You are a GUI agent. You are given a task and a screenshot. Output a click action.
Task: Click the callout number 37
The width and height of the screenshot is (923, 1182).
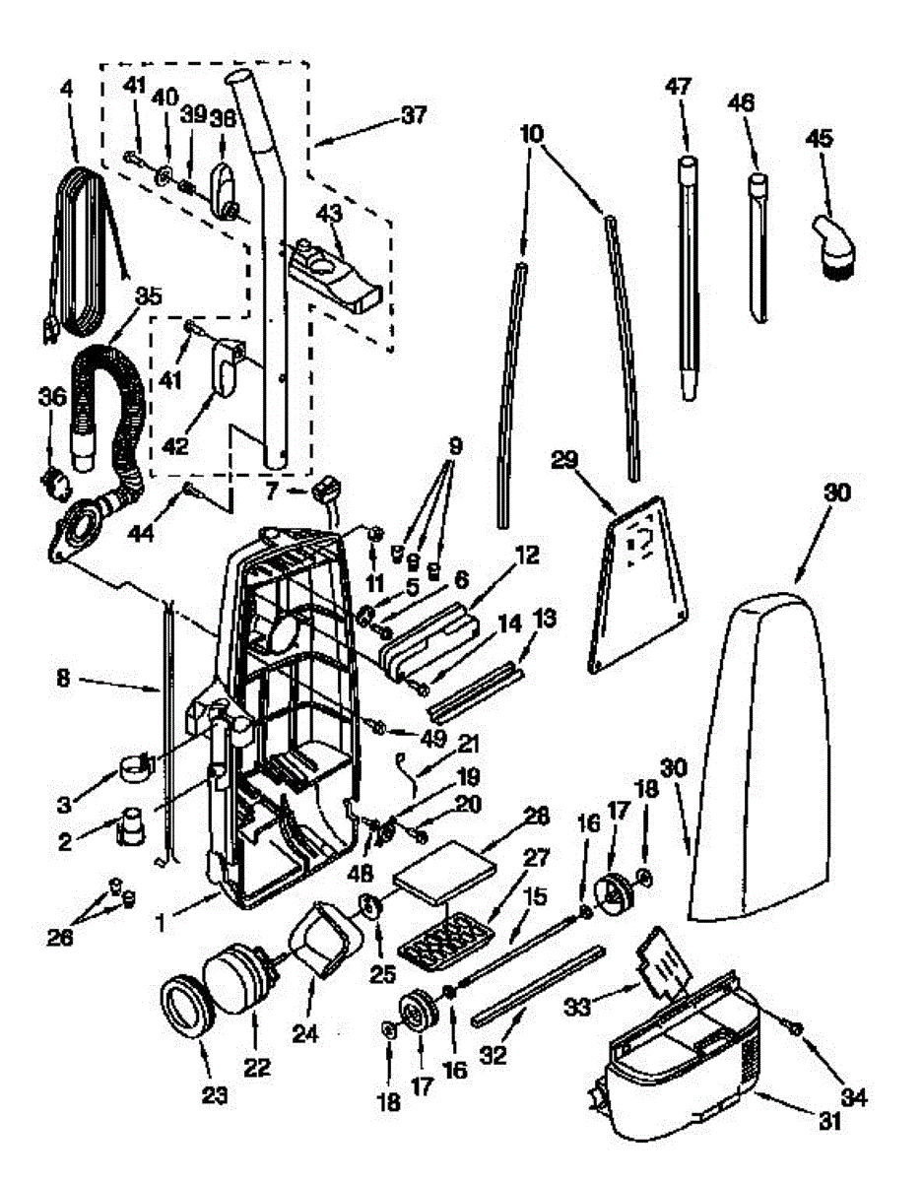point(414,116)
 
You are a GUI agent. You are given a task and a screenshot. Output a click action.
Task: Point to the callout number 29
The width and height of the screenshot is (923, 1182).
point(564,461)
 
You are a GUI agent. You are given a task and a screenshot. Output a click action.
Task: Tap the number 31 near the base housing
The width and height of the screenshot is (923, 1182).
point(828,1121)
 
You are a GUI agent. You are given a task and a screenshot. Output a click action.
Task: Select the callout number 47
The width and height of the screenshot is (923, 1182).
point(679,87)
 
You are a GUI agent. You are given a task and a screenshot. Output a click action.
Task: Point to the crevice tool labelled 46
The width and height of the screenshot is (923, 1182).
point(759,248)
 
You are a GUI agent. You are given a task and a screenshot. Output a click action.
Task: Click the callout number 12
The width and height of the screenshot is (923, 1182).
point(526,556)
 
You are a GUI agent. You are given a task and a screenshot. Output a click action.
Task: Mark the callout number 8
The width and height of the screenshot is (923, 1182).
point(63,679)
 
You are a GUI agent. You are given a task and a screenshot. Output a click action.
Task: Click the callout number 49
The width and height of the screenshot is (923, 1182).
point(432,738)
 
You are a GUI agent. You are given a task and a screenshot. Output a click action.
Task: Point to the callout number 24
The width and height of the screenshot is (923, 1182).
point(304,1033)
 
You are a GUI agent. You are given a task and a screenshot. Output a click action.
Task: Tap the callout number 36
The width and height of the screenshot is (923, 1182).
point(52,396)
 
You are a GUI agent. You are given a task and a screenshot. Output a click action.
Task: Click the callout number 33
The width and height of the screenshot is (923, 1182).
point(577,1007)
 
